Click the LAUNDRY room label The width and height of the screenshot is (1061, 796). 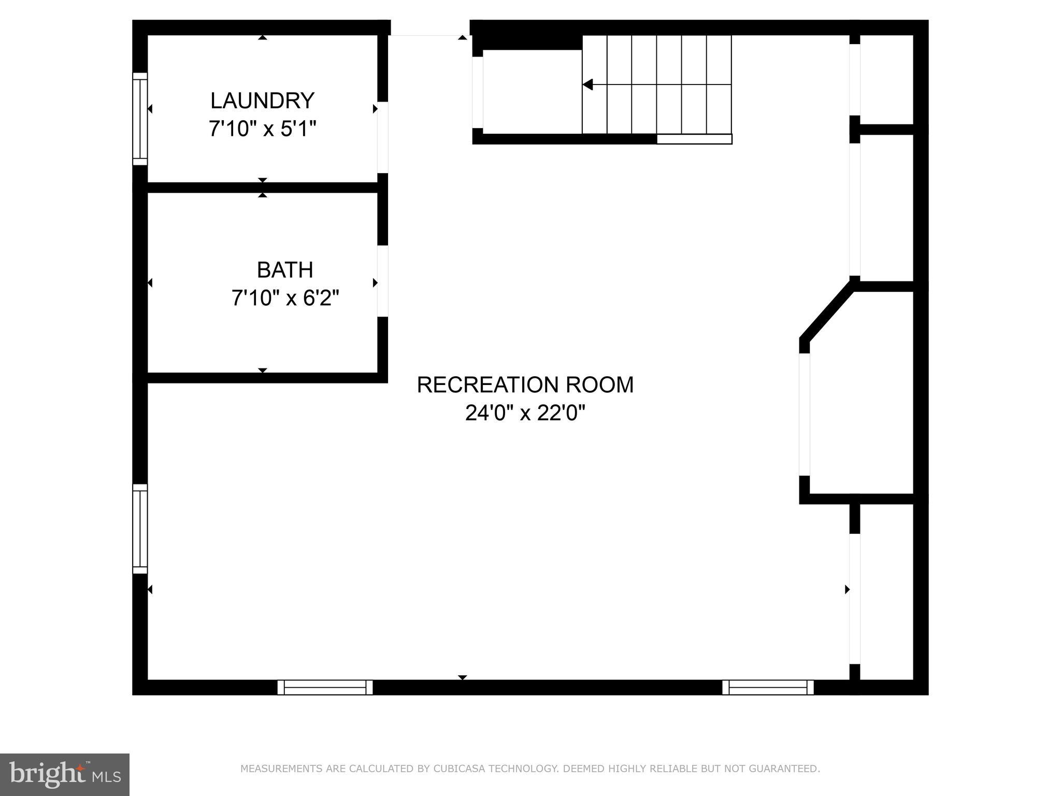pos(262,101)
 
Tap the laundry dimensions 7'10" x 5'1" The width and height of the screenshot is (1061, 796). pos(262,129)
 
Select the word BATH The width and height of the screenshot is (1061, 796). pos(285,270)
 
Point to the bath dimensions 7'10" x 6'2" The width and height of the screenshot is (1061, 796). pos(285,298)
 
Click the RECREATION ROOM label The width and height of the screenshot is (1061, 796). pos(525,385)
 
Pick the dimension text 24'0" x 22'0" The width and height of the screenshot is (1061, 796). pos(525,414)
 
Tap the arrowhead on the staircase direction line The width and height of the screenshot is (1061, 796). pos(587,84)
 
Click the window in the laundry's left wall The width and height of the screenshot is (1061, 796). pos(140,119)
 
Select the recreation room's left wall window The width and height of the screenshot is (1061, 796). pos(140,529)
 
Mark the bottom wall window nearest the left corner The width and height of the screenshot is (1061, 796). pos(325,687)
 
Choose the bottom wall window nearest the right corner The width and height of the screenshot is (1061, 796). pos(768,687)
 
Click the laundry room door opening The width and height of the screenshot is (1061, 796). pos(382,137)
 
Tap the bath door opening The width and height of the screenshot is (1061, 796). pos(382,281)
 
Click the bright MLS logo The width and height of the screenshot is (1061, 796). pos(65,774)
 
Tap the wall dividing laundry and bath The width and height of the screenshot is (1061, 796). pos(262,188)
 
